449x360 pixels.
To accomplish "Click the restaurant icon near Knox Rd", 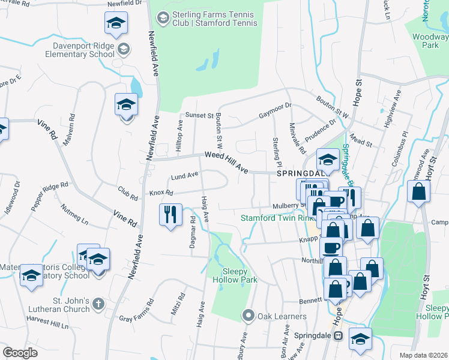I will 170,214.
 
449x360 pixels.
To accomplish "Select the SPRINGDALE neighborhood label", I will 301,172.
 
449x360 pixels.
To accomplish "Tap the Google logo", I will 20,353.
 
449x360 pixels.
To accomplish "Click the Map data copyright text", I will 424,355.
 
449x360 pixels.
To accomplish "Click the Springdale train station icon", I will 337,337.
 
